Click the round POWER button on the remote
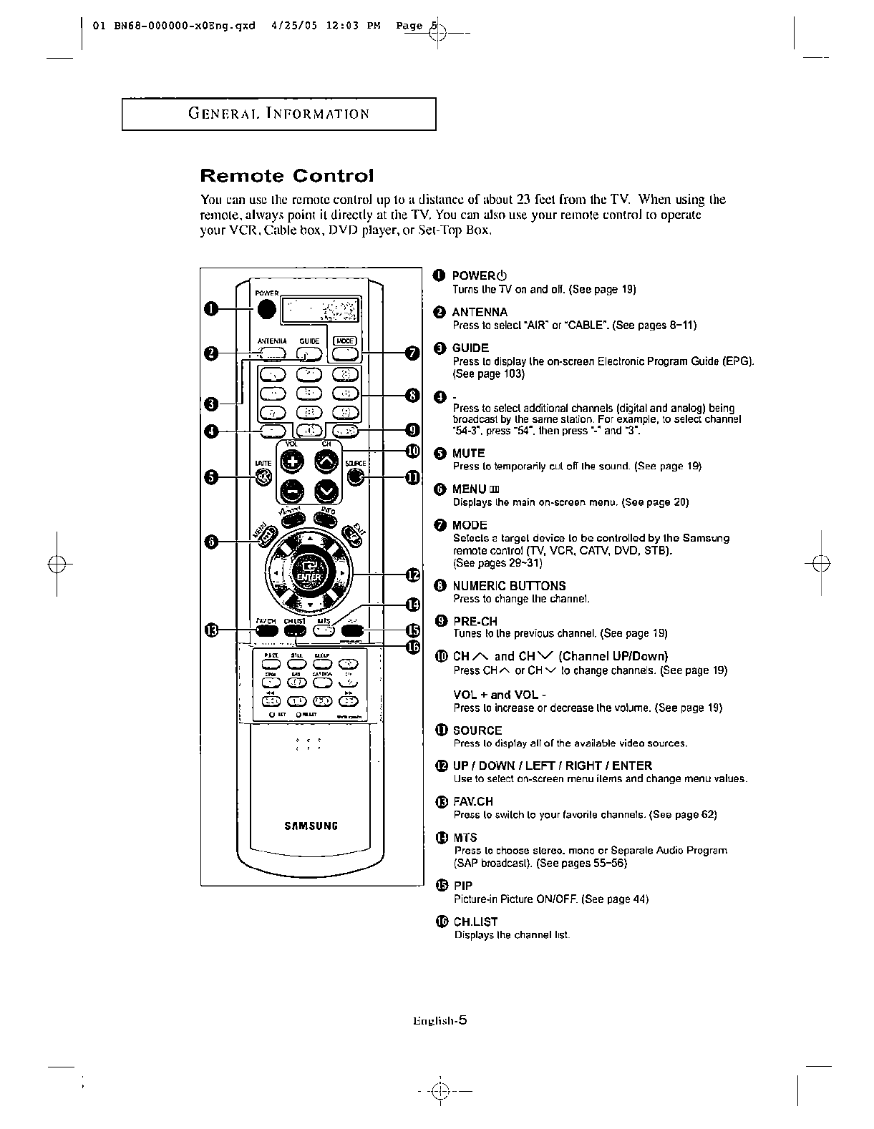(267, 308)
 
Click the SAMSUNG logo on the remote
(311, 826)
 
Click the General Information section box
(278, 114)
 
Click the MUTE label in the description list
(469, 453)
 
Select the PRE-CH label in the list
(475, 621)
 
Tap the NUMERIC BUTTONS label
(509, 585)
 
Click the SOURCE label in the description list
(477, 730)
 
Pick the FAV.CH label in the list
(473, 801)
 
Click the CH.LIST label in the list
(475, 922)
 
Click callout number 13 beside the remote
(210, 630)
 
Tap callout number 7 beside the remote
(412, 353)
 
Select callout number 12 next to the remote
(412, 575)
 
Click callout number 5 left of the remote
(210, 477)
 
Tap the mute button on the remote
(264, 477)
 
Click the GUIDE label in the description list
(470, 348)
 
